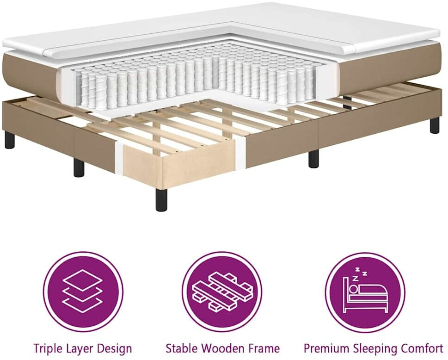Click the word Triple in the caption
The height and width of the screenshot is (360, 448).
47,348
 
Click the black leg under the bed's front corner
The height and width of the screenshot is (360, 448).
161,199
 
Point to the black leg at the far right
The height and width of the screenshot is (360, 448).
435,124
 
